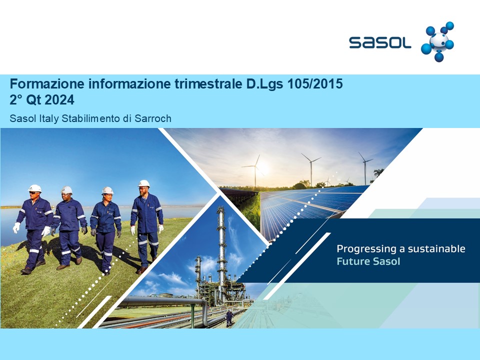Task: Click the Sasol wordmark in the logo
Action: (380, 42)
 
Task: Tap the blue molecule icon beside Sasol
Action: (437, 41)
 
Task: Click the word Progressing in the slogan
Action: (366, 249)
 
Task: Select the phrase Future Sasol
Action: (368, 261)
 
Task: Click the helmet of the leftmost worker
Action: (35, 188)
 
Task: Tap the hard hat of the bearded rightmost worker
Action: (144, 183)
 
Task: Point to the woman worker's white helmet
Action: (107, 190)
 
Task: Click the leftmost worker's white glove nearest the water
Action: (16, 228)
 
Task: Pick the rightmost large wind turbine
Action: (365, 168)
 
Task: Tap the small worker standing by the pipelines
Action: (229, 318)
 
